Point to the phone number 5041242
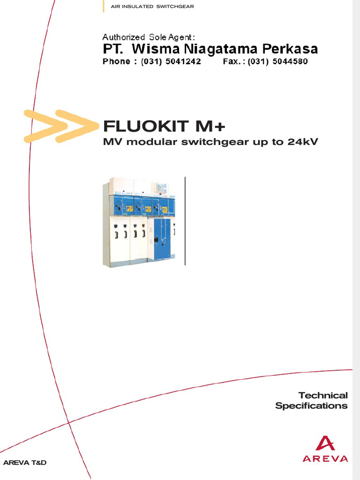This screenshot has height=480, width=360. (182, 61)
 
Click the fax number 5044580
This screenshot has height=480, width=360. (290, 61)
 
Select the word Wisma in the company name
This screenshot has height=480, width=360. (155, 49)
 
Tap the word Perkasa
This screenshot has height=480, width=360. (290, 49)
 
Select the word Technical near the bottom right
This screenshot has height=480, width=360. (323, 395)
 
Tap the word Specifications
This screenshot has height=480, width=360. (311, 406)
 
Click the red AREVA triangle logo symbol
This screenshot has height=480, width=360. (325, 443)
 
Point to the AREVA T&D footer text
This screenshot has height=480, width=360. (25, 463)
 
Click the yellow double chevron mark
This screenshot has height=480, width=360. (56, 126)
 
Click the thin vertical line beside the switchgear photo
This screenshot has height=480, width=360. (185, 220)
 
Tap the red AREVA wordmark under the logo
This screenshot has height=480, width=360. (325, 459)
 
